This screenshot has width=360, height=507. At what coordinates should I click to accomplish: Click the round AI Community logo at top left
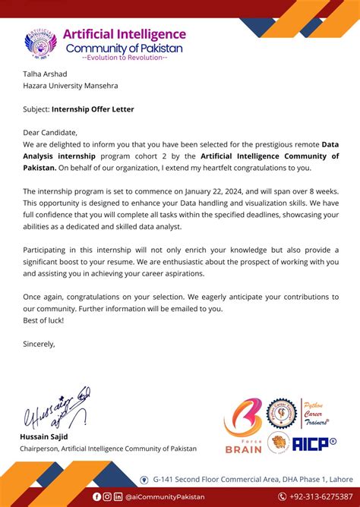point(41,43)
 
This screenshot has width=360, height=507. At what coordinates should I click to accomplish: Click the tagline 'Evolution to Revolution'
point(124,58)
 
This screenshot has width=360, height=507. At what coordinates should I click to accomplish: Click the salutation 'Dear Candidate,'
point(50,132)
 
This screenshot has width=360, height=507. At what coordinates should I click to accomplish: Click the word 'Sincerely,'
point(39,344)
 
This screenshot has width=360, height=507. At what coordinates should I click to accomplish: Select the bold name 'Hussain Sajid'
point(45,437)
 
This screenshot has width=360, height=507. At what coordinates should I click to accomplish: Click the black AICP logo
point(314,444)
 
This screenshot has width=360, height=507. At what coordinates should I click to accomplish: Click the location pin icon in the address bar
point(144,480)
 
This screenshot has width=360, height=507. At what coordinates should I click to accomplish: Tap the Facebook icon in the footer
point(96,496)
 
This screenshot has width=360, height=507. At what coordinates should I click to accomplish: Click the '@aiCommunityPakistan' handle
point(165,496)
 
